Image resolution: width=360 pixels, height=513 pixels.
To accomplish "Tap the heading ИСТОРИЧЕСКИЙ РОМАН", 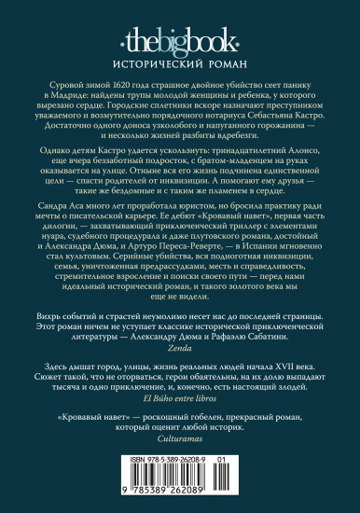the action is (180, 54).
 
